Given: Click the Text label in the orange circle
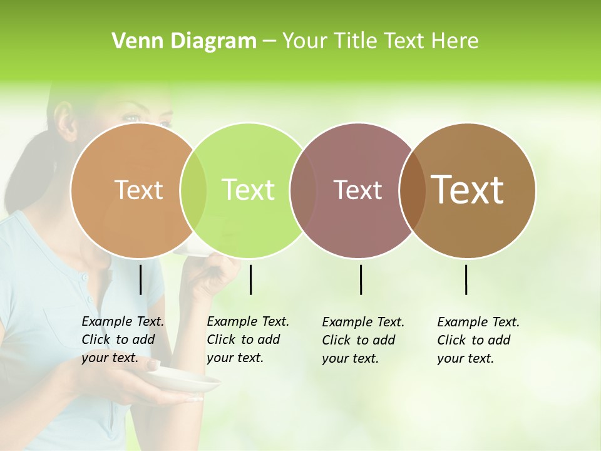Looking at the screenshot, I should (x=138, y=190).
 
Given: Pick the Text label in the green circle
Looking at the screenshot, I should (x=249, y=190).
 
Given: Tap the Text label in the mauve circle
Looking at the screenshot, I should (x=358, y=190).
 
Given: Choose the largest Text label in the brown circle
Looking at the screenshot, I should (x=468, y=190).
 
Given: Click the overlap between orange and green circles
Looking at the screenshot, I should (x=193, y=190).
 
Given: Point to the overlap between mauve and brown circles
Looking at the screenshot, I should (x=410, y=190).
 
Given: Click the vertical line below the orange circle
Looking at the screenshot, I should (x=140, y=279).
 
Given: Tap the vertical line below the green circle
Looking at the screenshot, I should (x=250, y=279).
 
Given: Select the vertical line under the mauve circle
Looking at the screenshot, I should (x=361, y=279).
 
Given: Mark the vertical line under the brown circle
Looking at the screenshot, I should (x=466, y=279).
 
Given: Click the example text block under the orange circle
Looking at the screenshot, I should (x=122, y=340).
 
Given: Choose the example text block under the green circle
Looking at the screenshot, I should (x=247, y=340).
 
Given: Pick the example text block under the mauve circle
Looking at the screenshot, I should (x=362, y=340).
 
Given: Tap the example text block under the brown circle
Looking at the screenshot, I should (x=478, y=340).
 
